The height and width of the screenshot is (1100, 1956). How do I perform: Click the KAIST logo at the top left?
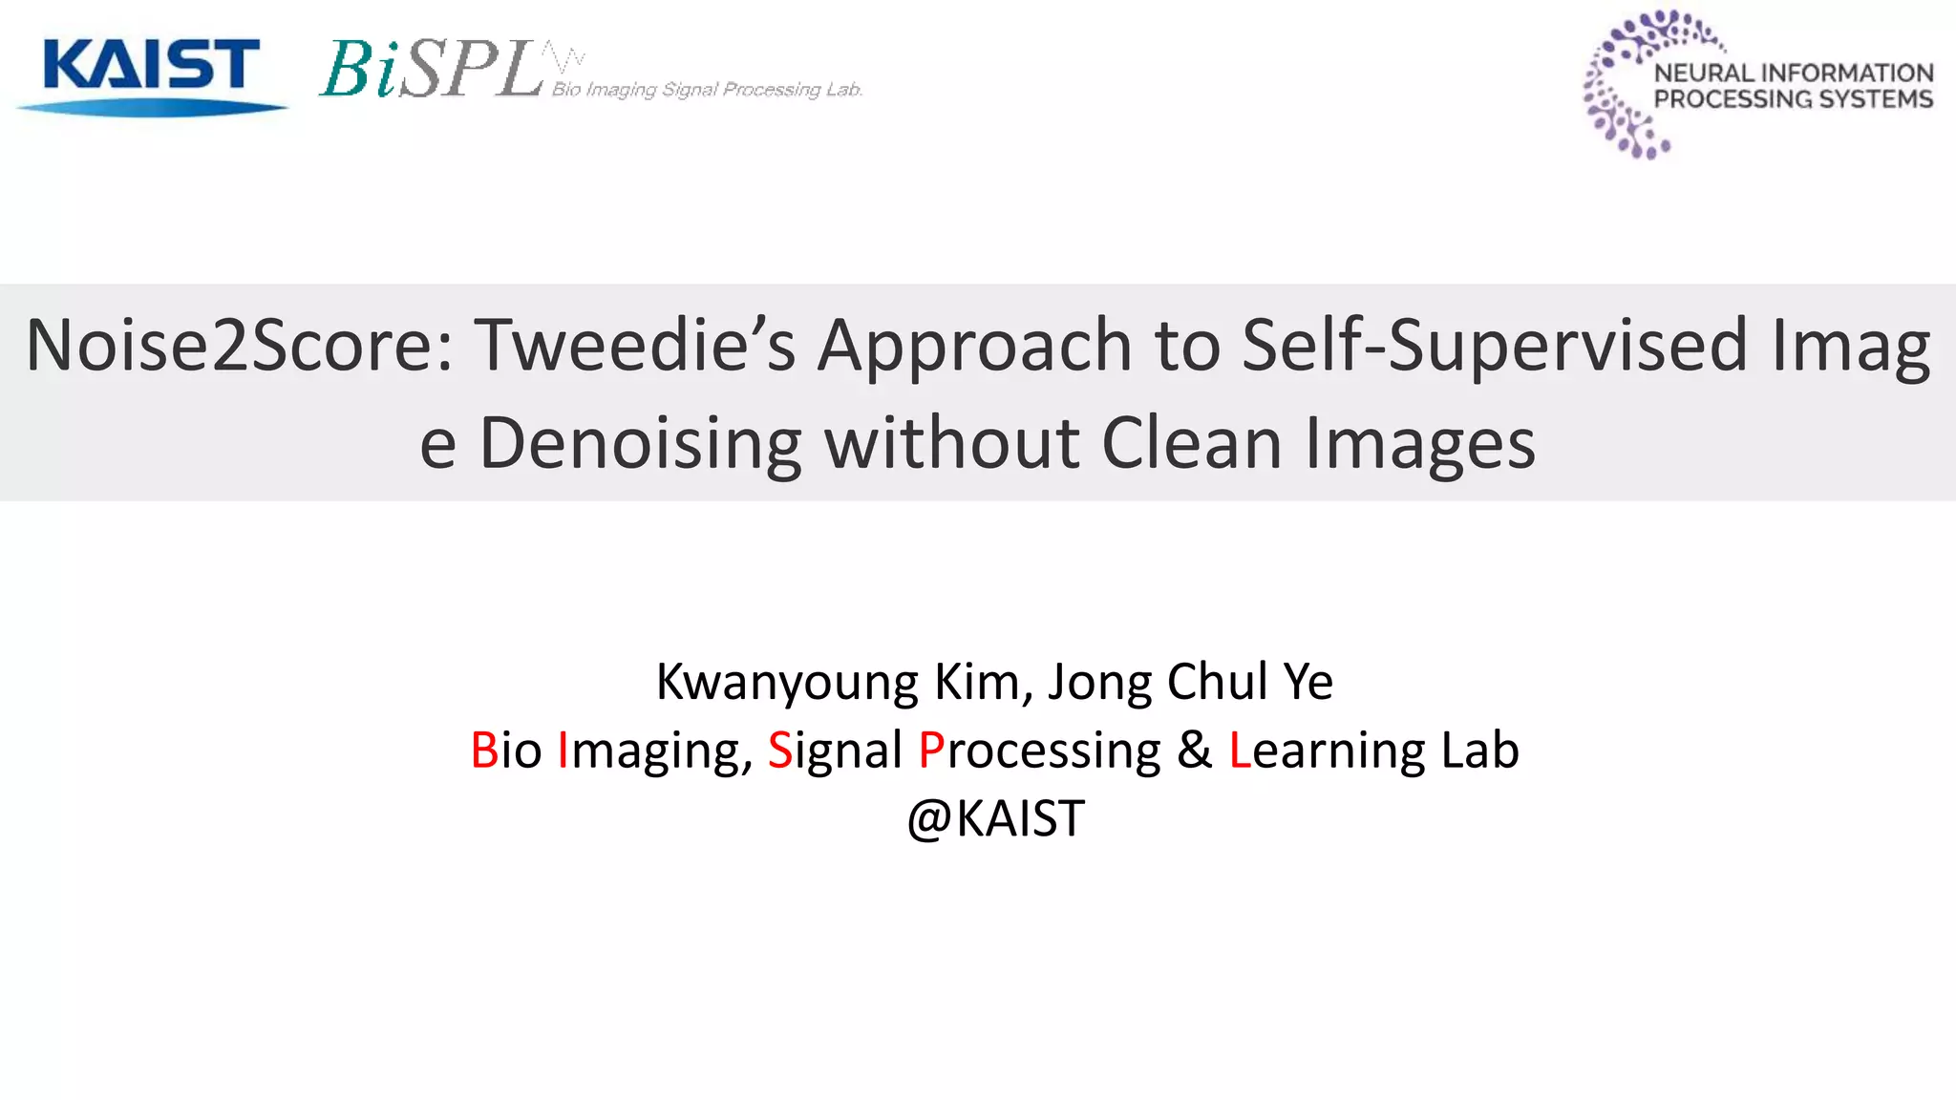pos(151,74)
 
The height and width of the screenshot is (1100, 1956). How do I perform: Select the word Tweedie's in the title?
pos(634,346)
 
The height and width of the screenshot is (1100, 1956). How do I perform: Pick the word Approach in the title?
pos(974,346)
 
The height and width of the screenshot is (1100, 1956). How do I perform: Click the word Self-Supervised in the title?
pos(1494,346)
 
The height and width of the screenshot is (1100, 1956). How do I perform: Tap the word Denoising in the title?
pos(640,444)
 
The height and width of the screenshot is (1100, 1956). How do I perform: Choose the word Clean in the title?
pos(1191,444)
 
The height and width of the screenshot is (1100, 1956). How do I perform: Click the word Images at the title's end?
pos(1420,444)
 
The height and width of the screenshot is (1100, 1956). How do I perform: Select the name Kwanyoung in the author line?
pos(787,683)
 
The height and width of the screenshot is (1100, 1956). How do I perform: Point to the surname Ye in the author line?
pos(1308,683)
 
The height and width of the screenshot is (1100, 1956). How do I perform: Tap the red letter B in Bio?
pos(484,751)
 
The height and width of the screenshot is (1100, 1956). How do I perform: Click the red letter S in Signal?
pos(779,751)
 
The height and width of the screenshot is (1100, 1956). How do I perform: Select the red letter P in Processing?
pos(930,751)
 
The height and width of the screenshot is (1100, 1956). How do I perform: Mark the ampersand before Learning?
pos(1194,751)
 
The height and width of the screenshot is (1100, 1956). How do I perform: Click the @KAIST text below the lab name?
pos(995,819)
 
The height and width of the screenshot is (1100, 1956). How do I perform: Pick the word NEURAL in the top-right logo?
pos(1703,74)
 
